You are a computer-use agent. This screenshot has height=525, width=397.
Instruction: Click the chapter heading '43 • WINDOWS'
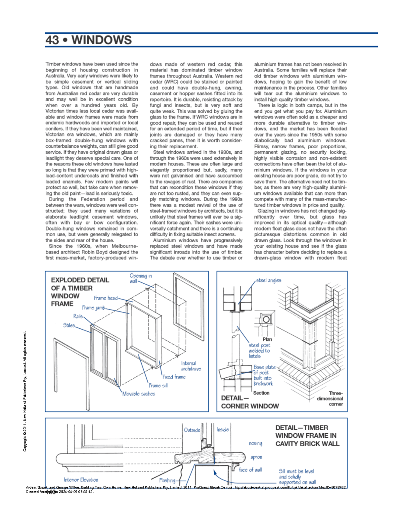click(88, 40)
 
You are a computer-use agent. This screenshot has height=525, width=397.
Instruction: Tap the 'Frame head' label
click(106, 298)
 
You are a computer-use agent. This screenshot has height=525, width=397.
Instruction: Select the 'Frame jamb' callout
click(94, 308)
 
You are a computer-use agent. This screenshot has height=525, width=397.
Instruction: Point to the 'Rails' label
click(78, 316)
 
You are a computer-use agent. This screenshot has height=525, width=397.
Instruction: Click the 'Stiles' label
click(69, 325)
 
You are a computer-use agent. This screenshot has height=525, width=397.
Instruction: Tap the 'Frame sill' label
click(158, 385)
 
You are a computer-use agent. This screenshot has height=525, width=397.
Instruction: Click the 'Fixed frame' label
click(174, 377)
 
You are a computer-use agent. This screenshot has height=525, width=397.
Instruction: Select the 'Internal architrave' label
click(191, 366)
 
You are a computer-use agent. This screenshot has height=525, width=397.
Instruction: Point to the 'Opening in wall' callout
click(140, 278)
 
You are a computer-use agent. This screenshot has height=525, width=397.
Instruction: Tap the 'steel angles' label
click(268, 280)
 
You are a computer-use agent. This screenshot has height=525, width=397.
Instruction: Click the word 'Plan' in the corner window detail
click(267, 339)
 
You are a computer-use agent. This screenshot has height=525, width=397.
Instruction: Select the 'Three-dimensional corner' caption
click(331, 399)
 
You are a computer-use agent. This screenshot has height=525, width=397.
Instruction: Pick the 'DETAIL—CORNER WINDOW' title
click(249, 402)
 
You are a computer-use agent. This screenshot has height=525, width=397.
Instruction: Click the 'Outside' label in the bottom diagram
click(192, 430)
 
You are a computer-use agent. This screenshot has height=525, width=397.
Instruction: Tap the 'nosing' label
click(255, 443)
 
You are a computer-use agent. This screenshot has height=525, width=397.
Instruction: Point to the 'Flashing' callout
click(167, 480)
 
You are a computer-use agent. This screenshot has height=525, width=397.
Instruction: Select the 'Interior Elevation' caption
click(81, 480)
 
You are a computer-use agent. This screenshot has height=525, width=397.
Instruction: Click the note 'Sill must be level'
click(296, 471)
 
